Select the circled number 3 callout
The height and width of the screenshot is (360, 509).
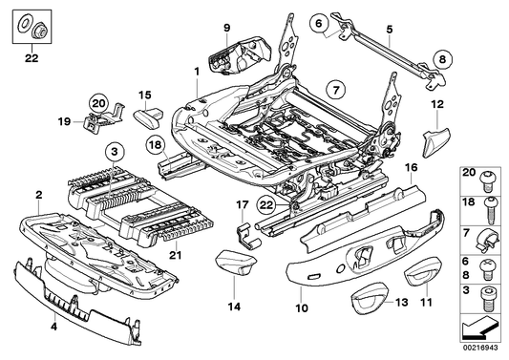(114, 152)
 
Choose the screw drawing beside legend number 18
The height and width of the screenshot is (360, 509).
(490, 205)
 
